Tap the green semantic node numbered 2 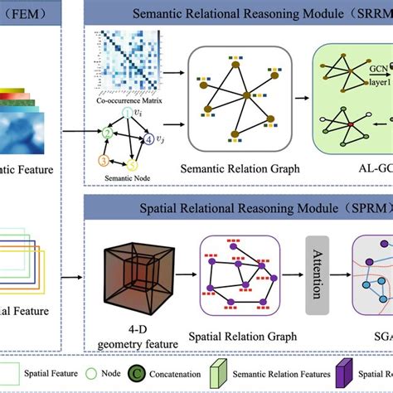106,132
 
